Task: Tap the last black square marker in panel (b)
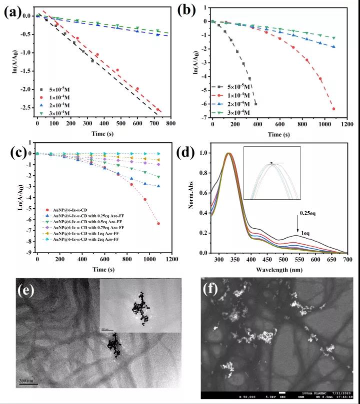point(256,104)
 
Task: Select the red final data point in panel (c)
point(158,223)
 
